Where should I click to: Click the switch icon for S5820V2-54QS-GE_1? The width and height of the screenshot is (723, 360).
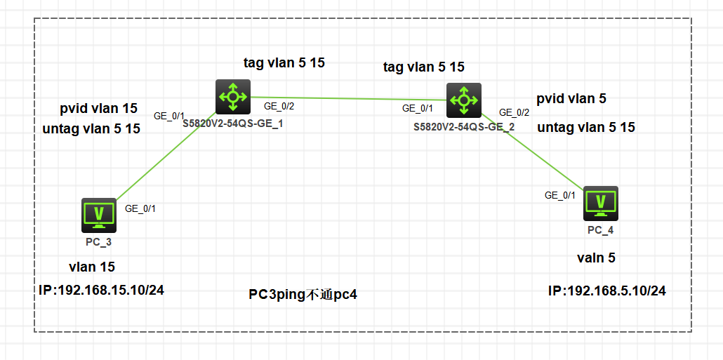pyautogui.click(x=232, y=97)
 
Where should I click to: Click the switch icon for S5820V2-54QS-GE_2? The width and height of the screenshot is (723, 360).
pyautogui.click(x=463, y=100)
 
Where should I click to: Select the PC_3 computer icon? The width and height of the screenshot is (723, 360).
pyautogui.click(x=99, y=215)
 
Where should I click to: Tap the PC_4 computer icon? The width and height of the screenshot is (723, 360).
pyautogui.click(x=601, y=204)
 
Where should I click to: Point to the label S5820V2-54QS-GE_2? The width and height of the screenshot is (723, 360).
pyautogui.click(x=464, y=127)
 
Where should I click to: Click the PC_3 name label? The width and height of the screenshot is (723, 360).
pyautogui.click(x=99, y=241)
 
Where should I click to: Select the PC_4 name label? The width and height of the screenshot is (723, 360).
pyautogui.click(x=601, y=230)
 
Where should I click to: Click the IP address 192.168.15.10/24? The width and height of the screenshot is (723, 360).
pyautogui.click(x=101, y=290)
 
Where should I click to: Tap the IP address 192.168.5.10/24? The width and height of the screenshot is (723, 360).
pyautogui.click(x=607, y=291)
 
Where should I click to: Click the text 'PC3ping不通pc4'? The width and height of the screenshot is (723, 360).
pyautogui.click(x=303, y=294)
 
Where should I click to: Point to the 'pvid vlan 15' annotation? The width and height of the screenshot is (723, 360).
pyautogui.click(x=99, y=109)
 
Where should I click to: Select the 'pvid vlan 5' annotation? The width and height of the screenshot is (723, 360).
pyautogui.click(x=571, y=99)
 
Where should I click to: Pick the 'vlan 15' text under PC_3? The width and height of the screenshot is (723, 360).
pyautogui.click(x=91, y=267)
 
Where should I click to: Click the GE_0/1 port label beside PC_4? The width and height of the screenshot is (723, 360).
pyautogui.click(x=560, y=196)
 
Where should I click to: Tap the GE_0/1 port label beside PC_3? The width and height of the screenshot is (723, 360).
pyautogui.click(x=140, y=208)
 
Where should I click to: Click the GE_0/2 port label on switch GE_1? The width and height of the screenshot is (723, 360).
pyautogui.click(x=279, y=107)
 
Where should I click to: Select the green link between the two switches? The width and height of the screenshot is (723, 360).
pyautogui.click(x=347, y=99)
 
